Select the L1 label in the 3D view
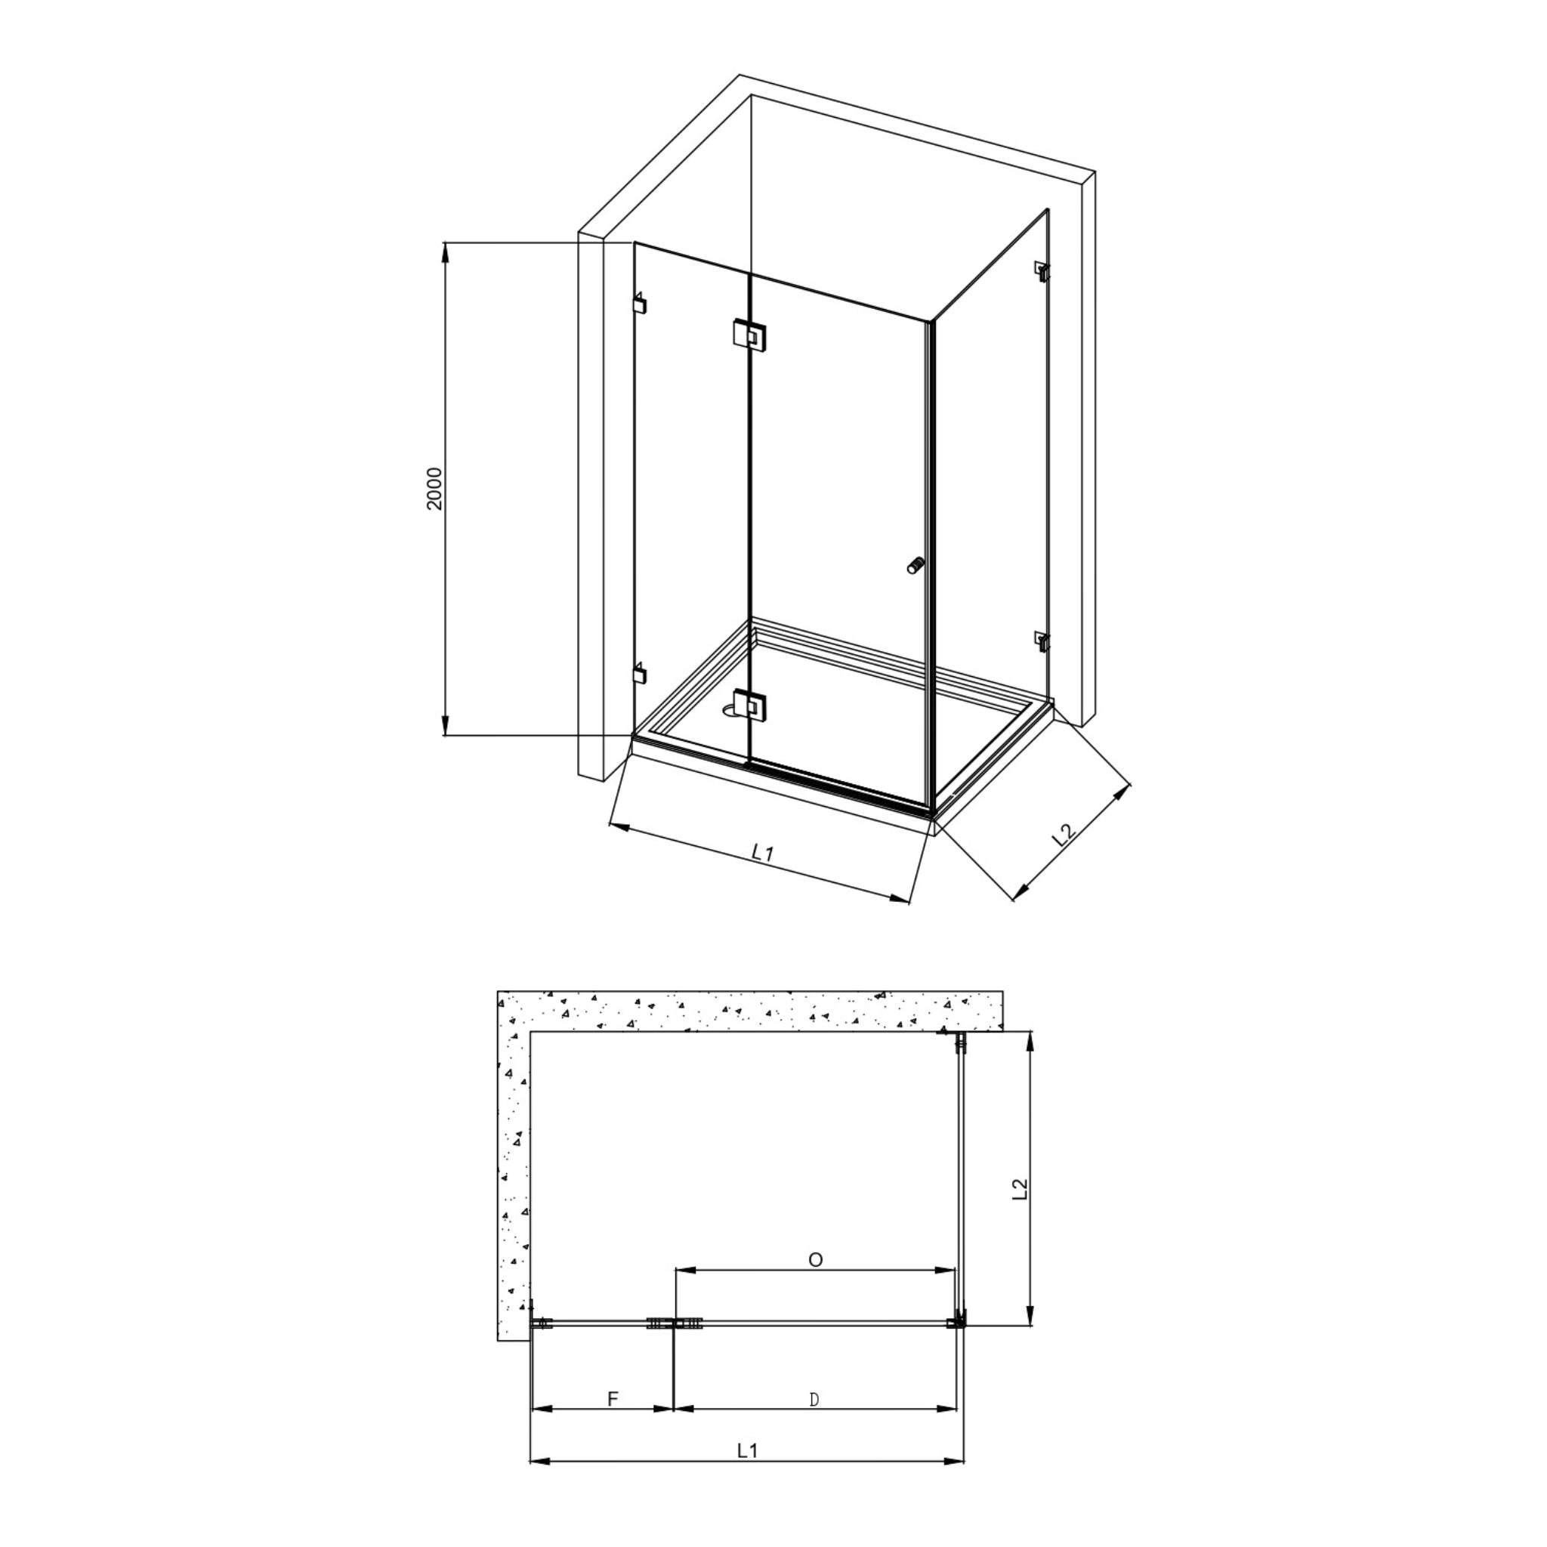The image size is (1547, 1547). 762,854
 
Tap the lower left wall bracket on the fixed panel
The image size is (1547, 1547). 639,672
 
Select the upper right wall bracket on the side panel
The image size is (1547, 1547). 1042,270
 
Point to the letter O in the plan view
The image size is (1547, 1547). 815,1261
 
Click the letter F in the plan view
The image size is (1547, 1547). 613,1399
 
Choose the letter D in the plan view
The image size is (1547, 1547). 814,1400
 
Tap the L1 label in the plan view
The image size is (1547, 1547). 747,1450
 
